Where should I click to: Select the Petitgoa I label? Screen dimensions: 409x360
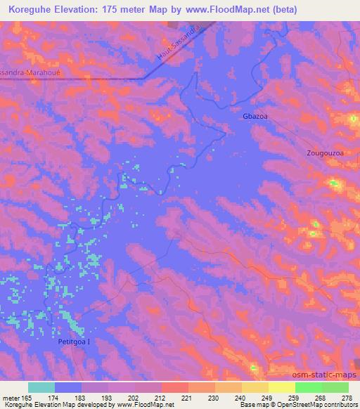point(75,342)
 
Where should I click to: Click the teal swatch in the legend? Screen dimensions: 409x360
point(41,387)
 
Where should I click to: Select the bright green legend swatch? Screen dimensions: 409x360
point(309,387)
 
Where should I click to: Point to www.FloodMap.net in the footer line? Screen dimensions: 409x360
point(146,405)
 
